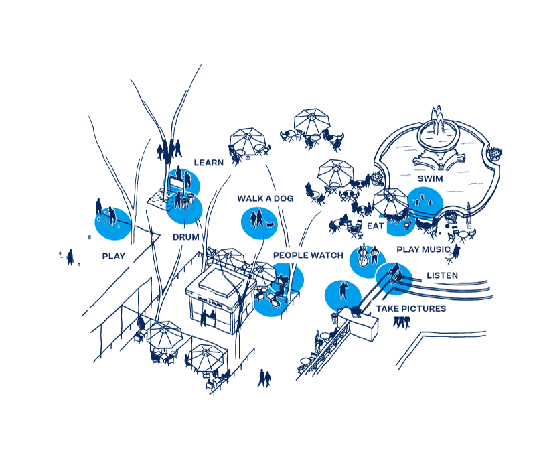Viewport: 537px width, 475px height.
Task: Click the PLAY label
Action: (x=114, y=256)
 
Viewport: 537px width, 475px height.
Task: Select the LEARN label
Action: (x=208, y=163)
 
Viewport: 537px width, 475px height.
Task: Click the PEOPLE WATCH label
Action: (x=308, y=255)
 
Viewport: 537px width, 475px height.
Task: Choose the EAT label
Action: (x=375, y=226)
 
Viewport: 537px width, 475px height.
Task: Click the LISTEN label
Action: (x=443, y=275)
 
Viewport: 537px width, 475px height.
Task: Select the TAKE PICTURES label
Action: (x=411, y=309)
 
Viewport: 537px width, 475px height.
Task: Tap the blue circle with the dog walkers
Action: (x=259, y=220)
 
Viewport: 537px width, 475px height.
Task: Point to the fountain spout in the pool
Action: (x=438, y=121)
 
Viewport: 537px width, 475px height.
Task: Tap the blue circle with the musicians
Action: (x=368, y=260)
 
